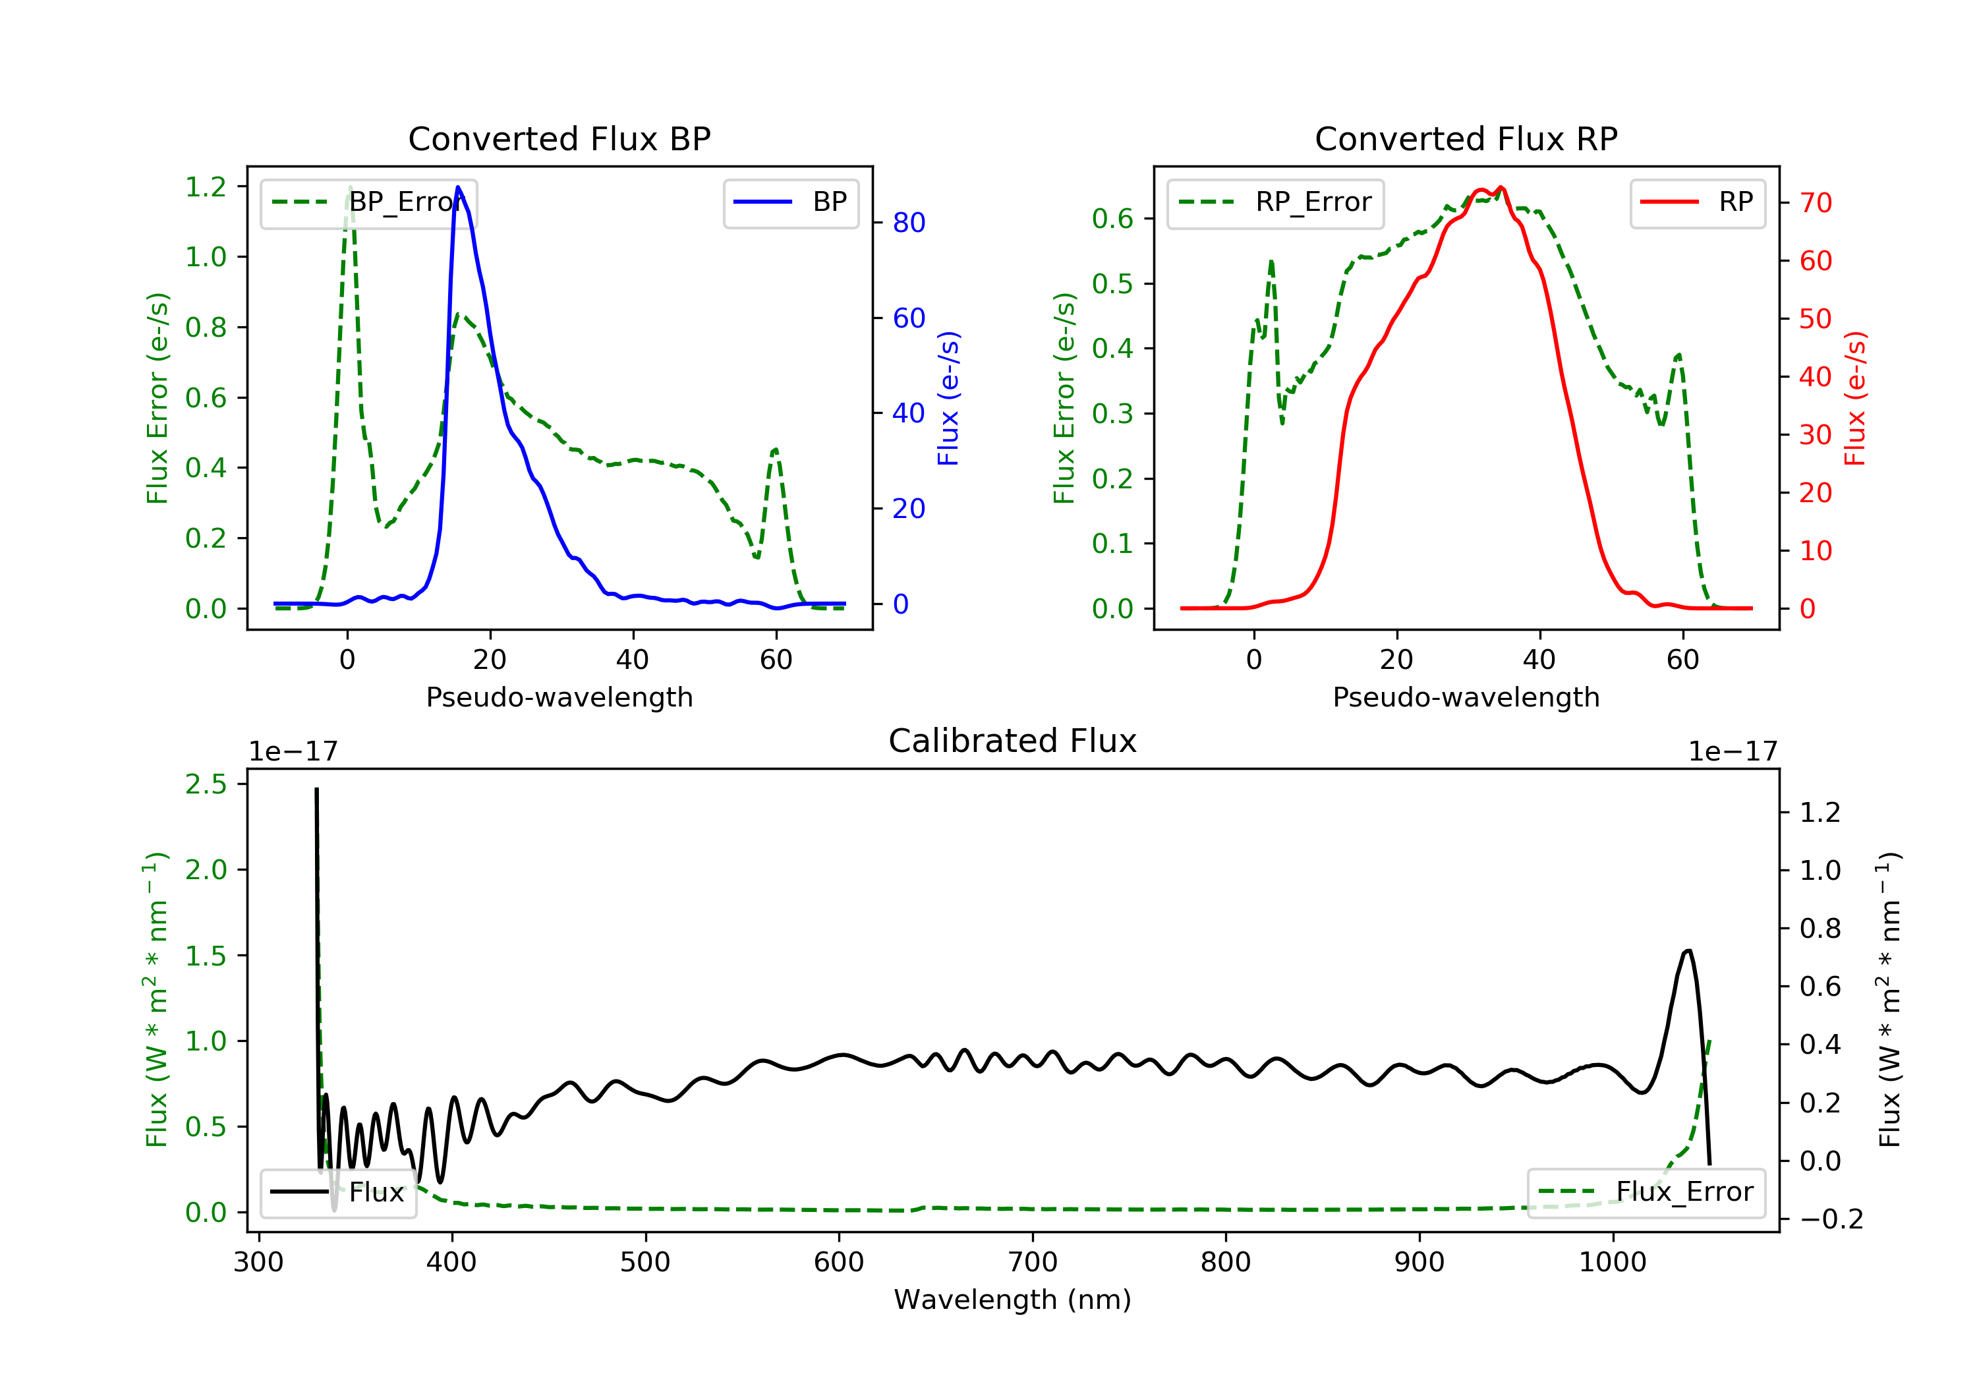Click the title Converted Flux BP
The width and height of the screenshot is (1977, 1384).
pos(559,138)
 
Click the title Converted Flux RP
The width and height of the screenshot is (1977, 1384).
pos(1466,138)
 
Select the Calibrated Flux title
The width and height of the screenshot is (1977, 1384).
pos(1013,741)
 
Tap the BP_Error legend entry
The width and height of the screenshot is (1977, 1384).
pos(368,203)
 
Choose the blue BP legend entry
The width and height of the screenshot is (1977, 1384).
pos(790,203)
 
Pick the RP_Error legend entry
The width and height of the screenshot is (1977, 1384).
pos(1275,203)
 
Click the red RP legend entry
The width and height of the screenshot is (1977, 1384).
pos(1697,203)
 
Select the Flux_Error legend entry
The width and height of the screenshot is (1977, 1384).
pos(1646,1193)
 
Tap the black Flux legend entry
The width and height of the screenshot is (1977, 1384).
pos(339,1193)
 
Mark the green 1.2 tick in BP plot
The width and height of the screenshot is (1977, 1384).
pos(205,187)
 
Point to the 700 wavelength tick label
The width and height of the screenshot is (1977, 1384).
pos(1033,1263)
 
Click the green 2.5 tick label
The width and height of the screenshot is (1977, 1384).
pos(205,784)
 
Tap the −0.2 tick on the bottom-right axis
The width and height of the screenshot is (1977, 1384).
pos(1831,1219)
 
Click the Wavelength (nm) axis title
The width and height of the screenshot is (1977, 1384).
pos(1013,1300)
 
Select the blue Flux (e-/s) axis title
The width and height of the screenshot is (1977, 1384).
pos(948,399)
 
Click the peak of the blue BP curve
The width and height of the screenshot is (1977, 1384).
pos(458,187)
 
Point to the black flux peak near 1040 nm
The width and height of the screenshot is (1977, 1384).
pos(1688,952)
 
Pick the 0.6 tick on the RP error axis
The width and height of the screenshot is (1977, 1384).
pos(1112,219)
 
